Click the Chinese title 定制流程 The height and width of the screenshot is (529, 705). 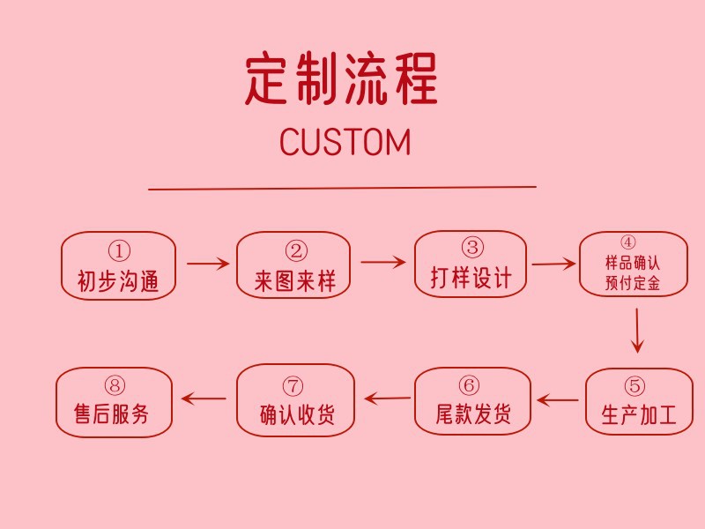coord(341,79)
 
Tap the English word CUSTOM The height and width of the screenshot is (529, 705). coord(345,142)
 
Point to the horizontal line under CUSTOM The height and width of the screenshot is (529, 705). coord(342,188)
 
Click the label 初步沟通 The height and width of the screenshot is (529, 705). coord(118,281)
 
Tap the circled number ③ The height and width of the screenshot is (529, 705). coord(472,248)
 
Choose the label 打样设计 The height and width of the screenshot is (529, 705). coord(471,279)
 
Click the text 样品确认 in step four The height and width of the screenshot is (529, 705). coord(633,264)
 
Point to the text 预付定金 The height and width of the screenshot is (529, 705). coord(633,284)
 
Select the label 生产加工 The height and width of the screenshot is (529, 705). coord(638,415)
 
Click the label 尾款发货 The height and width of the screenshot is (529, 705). coord(473,414)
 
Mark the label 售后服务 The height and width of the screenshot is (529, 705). coord(113,414)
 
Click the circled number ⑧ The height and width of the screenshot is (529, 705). coord(115,385)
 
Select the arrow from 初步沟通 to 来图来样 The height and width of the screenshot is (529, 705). coord(208,264)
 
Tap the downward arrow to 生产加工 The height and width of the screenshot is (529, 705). coord(637,331)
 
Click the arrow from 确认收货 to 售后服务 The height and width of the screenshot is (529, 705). coord(204,399)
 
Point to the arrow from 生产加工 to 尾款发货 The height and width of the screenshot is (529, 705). coord(558,400)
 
